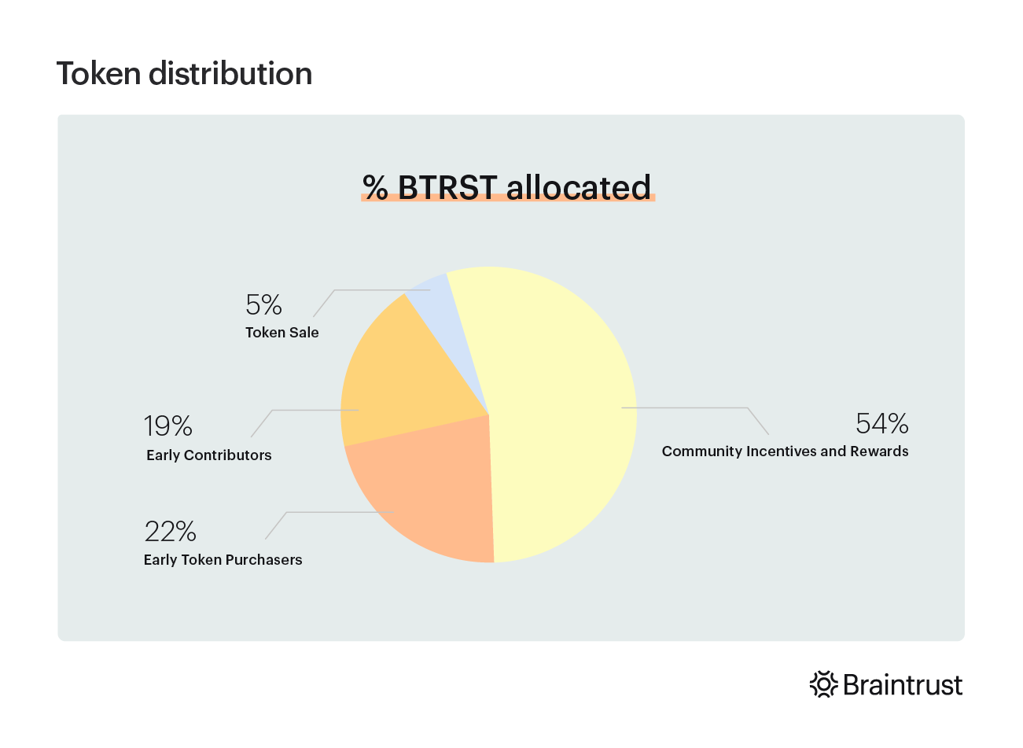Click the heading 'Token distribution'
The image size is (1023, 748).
click(x=185, y=74)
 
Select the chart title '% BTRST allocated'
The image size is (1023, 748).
click(x=507, y=187)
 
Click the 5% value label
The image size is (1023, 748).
click(x=264, y=304)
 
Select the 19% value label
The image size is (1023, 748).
click(x=168, y=426)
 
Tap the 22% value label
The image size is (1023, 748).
click(x=171, y=532)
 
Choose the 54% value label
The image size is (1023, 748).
click(x=882, y=424)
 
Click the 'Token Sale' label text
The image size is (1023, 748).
click(x=282, y=333)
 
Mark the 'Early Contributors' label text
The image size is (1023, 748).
click(x=209, y=455)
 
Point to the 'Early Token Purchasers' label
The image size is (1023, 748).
click(x=223, y=560)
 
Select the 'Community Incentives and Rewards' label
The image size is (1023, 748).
click(x=786, y=451)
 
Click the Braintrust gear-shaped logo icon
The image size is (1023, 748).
click(x=824, y=685)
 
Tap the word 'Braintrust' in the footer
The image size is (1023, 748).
click(x=903, y=685)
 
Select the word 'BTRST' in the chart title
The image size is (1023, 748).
click(x=447, y=187)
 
